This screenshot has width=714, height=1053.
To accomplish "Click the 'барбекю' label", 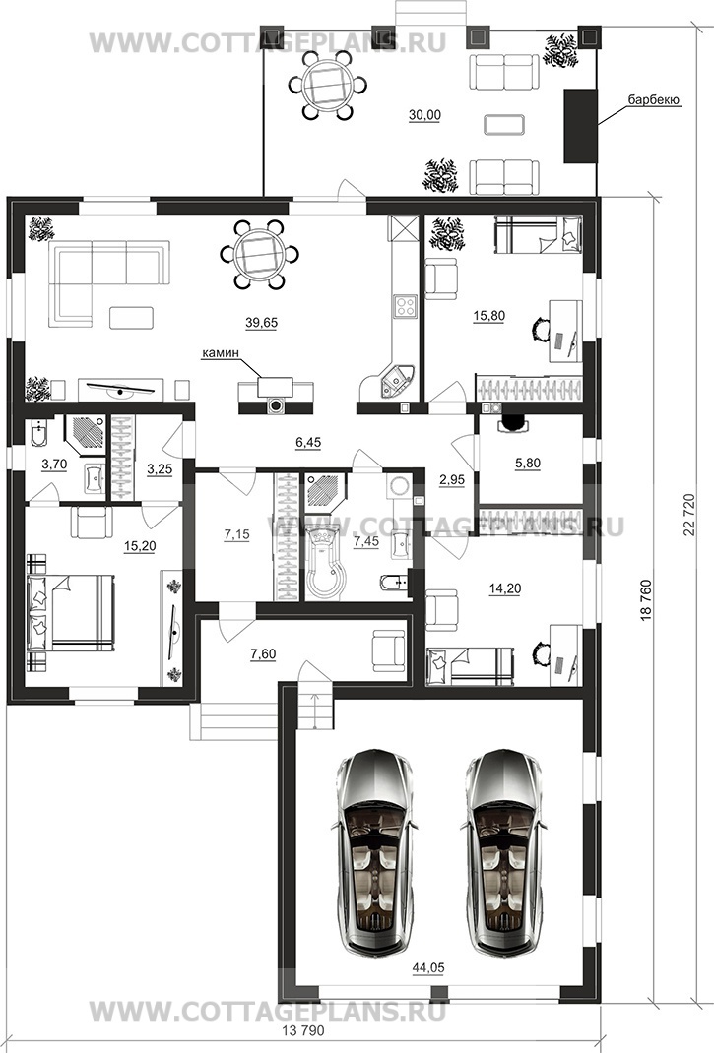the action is tap(654, 100).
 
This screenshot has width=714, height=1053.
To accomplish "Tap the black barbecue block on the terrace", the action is tap(580, 125).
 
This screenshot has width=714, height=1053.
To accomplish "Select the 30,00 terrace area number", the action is tap(424, 115).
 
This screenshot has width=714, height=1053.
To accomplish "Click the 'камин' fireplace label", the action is tap(221, 352).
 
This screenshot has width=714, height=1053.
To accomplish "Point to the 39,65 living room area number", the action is tap(261, 323).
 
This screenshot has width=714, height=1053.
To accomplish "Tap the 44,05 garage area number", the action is tap(427, 967).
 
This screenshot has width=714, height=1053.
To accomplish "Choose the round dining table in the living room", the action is tap(260, 255).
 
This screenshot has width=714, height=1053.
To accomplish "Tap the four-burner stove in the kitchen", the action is tap(406, 306).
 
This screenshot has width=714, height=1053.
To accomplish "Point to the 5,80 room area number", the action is tap(528, 464).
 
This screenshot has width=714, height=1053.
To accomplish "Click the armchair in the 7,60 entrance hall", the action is tap(389, 650).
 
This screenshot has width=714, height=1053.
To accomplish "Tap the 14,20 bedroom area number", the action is tap(505, 588).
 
